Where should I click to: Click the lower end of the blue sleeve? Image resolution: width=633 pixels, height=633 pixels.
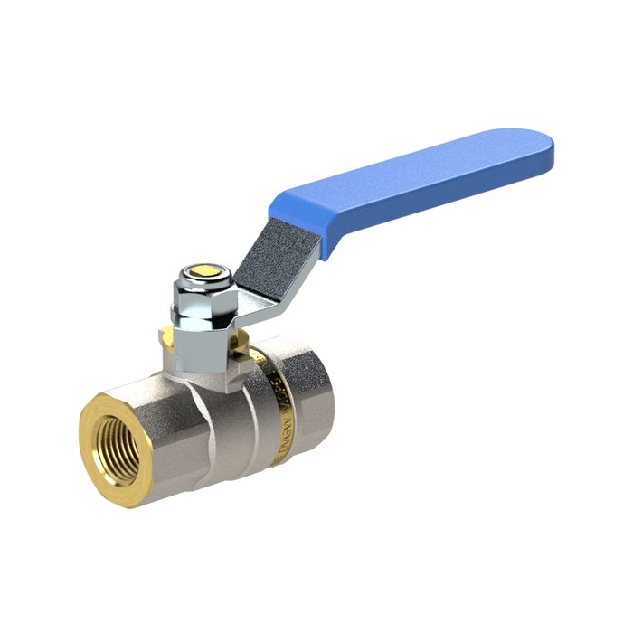tap(298, 213)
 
